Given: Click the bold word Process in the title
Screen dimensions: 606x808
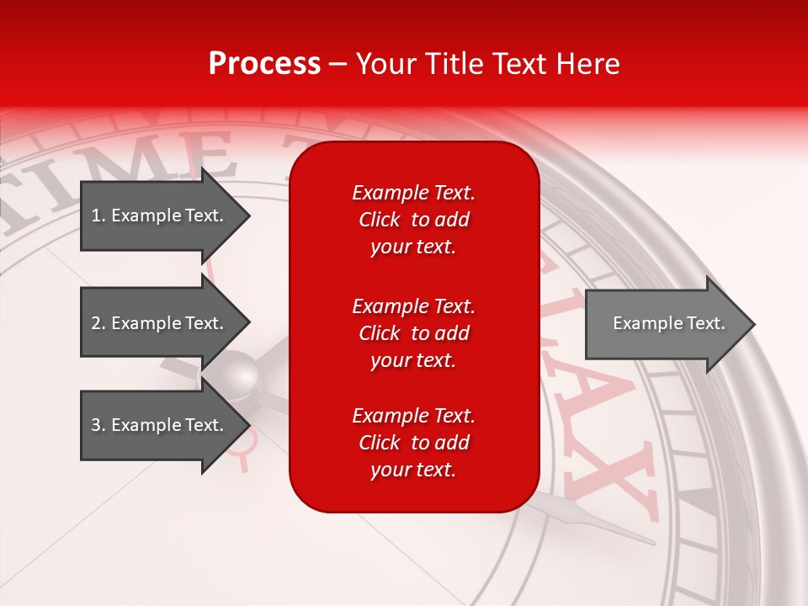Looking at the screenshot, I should [x=264, y=64].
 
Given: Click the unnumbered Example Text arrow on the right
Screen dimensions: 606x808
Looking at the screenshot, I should [x=665, y=323].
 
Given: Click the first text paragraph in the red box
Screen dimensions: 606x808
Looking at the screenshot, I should [x=413, y=220].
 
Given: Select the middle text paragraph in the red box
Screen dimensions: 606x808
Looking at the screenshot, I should [x=413, y=333].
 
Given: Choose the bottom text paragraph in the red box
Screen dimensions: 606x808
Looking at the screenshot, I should [x=413, y=443].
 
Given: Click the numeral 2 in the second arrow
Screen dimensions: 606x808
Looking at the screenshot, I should [x=96, y=323].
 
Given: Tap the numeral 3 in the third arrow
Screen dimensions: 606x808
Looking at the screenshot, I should [x=96, y=425].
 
